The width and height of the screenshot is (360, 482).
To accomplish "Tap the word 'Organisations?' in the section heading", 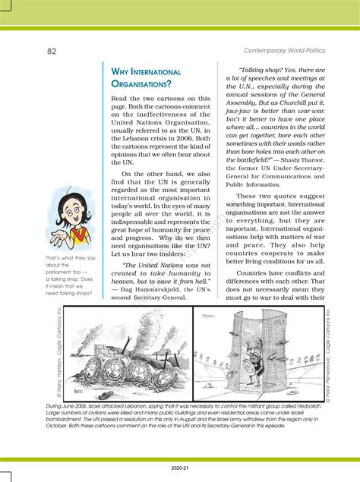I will click(141, 85).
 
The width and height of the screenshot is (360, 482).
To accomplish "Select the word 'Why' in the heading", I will click(123, 72).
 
